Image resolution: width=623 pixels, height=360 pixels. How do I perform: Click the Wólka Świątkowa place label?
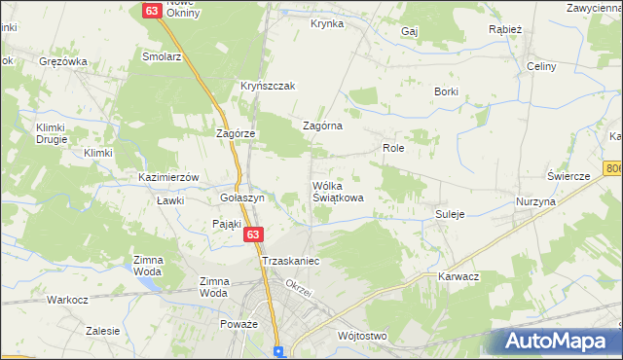pyautogui.click(x=338, y=191)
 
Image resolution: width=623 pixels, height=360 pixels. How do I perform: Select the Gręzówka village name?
pyautogui.click(x=63, y=61)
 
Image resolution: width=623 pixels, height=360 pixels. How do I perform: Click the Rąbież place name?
pyautogui.click(x=505, y=29)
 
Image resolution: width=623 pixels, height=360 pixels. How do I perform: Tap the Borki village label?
pyautogui.click(x=447, y=91)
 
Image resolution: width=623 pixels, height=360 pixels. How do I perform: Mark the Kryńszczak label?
pyautogui.click(x=268, y=86)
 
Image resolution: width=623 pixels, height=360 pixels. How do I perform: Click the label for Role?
pyautogui.click(x=393, y=148)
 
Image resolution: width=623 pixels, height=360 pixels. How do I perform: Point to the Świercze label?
pyautogui.click(x=569, y=176)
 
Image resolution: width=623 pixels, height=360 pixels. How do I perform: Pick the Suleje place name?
pyautogui.click(x=450, y=213)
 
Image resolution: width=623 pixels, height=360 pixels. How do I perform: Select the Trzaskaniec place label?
pyautogui.click(x=291, y=262)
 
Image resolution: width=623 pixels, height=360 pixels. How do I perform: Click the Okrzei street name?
pyautogui.click(x=298, y=285)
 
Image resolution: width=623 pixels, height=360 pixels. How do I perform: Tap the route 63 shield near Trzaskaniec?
pyautogui.click(x=253, y=235)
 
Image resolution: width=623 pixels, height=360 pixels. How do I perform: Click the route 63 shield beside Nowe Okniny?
pyautogui.click(x=152, y=10)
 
